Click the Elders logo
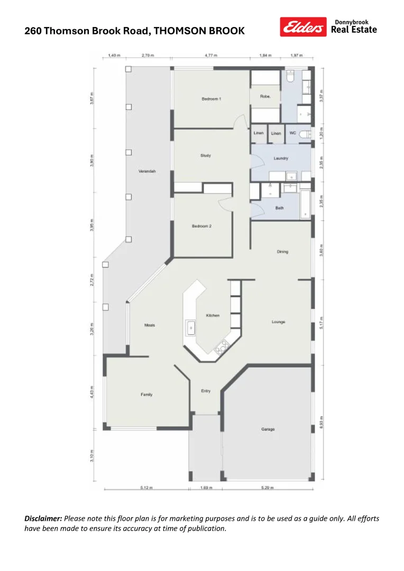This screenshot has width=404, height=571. pyautogui.click(x=303, y=27)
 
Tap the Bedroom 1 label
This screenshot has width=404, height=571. pyautogui.click(x=211, y=99)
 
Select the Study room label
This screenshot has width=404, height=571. pyautogui.click(x=206, y=155)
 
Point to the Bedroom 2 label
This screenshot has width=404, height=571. pyautogui.click(x=201, y=226)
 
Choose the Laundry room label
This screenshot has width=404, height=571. pyautogui.click(x=280, y=159)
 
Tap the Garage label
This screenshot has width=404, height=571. pyautogui.click(x=268, y=429)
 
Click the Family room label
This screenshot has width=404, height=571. pyautogui.click(x=146, y=394)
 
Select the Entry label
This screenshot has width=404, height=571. pyautogui.click(x=206, y=391)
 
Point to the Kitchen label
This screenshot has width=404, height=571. pyautogui.click(x=213, y=316)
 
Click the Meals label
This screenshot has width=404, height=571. pyautogui.click(x=150, y=325)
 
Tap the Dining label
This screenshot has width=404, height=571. pyautogui.click(x=282, y=252)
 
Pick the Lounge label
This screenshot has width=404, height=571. pyautogui.click(x=279, y=322)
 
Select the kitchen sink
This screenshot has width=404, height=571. pyautogui.click(x=190, y=328)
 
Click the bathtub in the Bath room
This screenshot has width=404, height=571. pyautogui.click(x=306, y=205)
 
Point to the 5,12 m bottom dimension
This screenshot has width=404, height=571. pyautogui.click(x=146, y=488)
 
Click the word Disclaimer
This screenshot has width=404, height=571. pyautogui.click(x=43, y=519)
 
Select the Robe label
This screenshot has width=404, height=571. pyautogui.click(x=265, y=97)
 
